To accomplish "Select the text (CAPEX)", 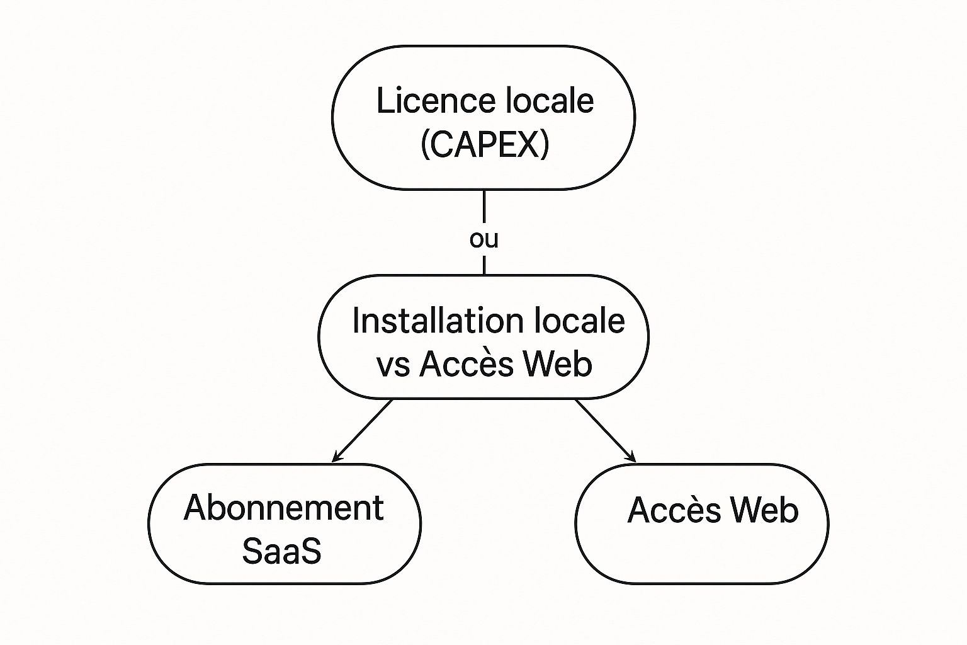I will click(484, 144).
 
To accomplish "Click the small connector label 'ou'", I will click(483, 239).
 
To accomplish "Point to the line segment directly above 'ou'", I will click(483, 208).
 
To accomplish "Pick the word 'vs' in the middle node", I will click(393, 365).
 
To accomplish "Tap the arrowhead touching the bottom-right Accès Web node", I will click(631, 458).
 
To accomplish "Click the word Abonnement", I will click(283, 508).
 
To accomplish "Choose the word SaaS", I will click(281, 551).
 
